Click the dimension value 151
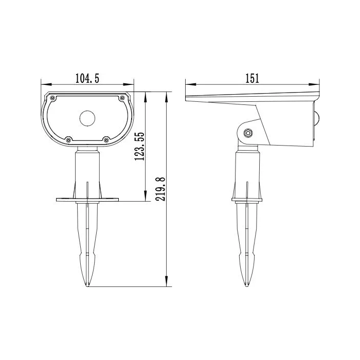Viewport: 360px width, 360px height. (251, 78)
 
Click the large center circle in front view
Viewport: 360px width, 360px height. (87, 118)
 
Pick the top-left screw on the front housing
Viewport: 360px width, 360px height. (52, 98)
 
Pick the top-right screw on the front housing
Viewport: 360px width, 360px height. (122, 98)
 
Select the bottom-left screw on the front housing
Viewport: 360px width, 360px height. (68, 138)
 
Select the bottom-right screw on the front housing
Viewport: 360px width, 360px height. (105, 138)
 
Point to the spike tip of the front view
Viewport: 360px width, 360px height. (88, 285)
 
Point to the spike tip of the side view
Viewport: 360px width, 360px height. (248, 285)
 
